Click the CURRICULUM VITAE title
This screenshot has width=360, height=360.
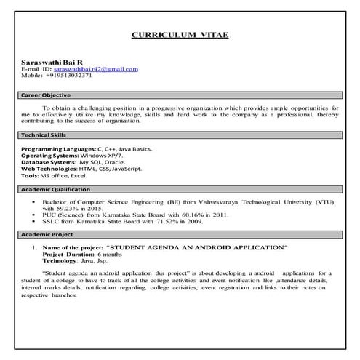coord(180,34)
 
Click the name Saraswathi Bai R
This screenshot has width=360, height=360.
coord(47,61)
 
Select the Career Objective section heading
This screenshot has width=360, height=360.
coord(46,95)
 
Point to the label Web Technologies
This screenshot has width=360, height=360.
coord(49,169)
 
